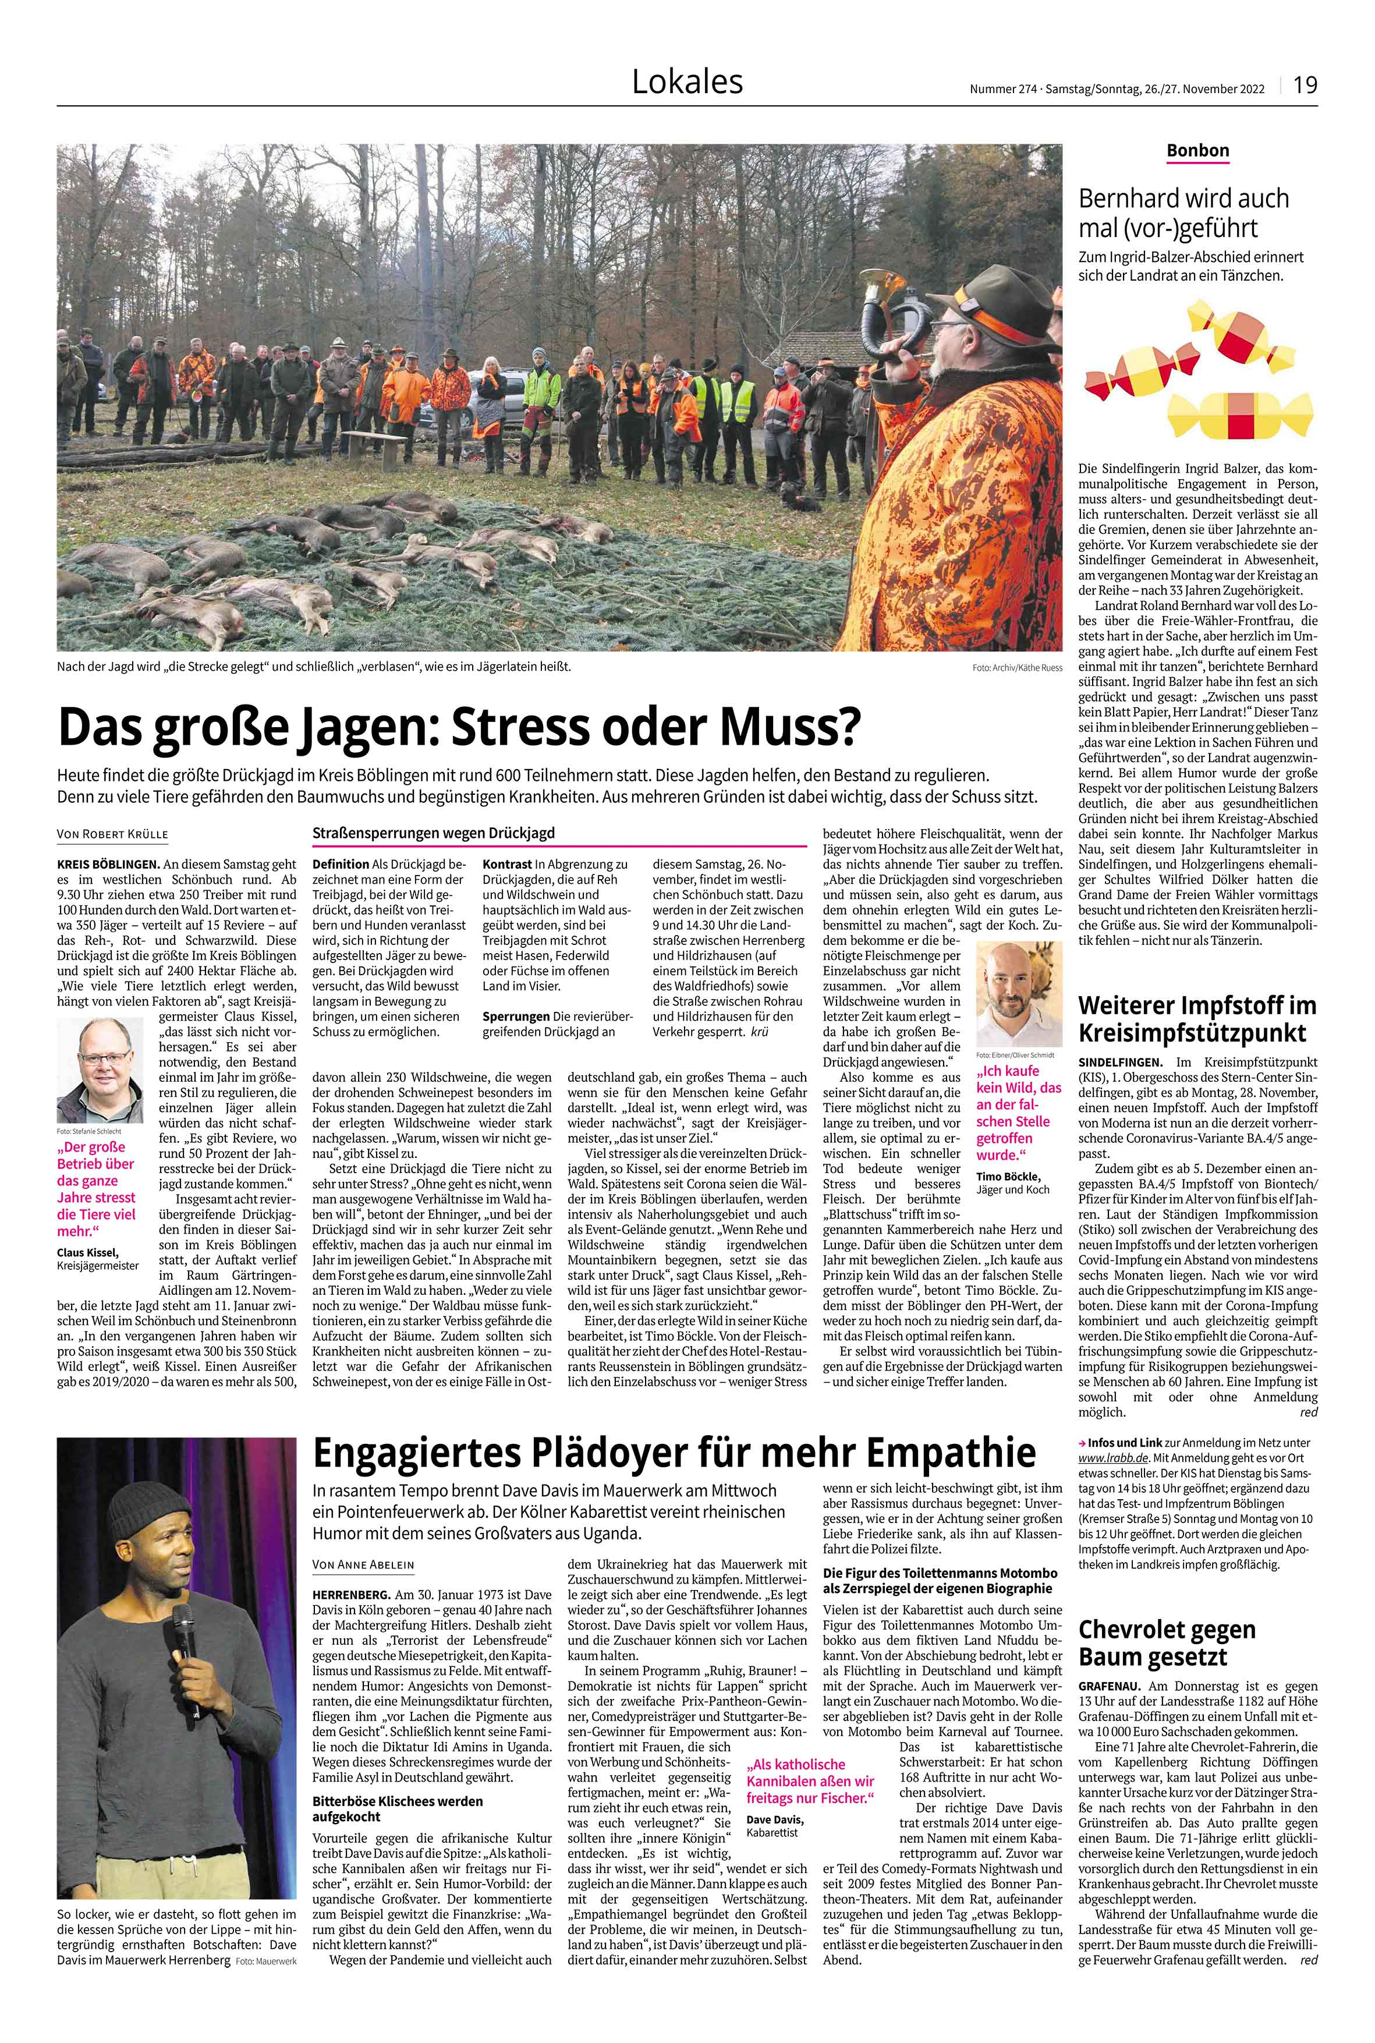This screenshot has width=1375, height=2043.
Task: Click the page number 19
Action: click(1305, 84)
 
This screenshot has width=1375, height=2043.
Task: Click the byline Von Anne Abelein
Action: click(364, 1565)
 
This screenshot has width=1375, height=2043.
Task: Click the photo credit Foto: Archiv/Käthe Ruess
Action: click(1016, 667)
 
